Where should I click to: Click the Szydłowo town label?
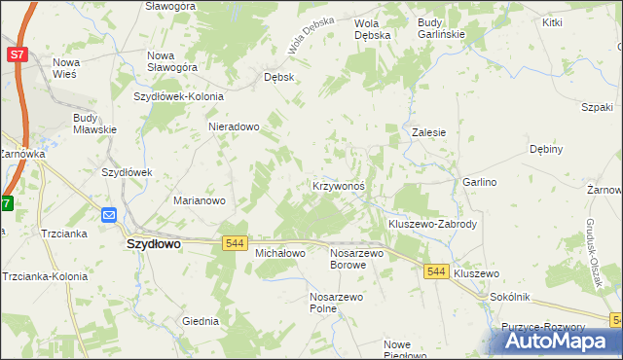pyautogui.click(x=154, y=246)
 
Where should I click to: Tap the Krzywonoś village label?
pyautogui.click(x=339, y=186)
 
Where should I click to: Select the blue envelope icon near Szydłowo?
pyautogui.click(x=108, y=215)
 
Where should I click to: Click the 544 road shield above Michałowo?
pyautogui.click(x=234, y=242)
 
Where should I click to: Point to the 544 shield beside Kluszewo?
pyautogui.click(x=436, y=274)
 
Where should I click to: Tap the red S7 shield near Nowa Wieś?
pyautogui.click(x=18, y=55)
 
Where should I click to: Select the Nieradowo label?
pyautogui.click(x=234, y=126)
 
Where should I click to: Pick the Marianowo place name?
pyautogui.click(x=200, y=200)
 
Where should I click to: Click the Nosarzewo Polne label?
pyautogui.click(x=336, y=303)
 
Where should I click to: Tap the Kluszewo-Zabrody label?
pyautogui.click(x=432, y=224)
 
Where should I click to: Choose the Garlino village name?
pyautogui.click(x=480, y=182)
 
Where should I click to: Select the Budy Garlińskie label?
pyautogui.click(x=441, y=27)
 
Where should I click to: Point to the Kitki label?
pyautogui.click(x=553, y=21)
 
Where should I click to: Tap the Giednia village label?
pyautogui.click(x=201, y=320)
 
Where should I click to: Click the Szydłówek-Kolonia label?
pyautogui.click(x=179, y=97)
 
